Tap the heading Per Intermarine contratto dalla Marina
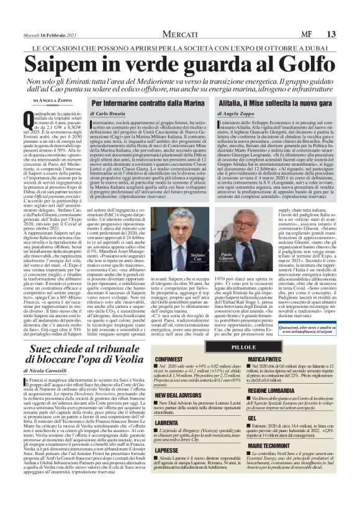coord(146,103)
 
